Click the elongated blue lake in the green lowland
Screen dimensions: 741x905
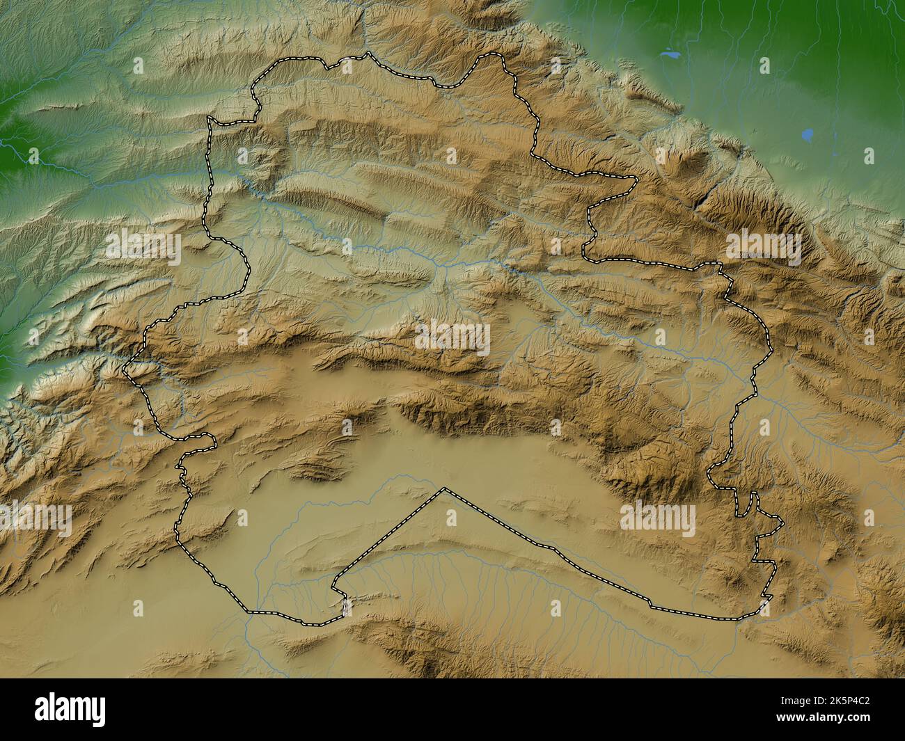click(x=669, y=53)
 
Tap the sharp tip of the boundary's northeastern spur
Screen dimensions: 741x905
click(x=636, y=179)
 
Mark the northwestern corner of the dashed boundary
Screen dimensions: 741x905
click(x=209, y=119)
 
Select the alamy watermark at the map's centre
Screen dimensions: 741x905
click(x=452, y=339)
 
